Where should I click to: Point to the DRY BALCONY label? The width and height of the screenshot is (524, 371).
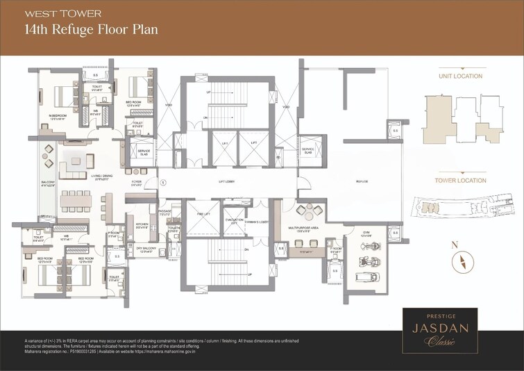pos(143,250)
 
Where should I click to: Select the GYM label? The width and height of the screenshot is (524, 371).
pos(367,233)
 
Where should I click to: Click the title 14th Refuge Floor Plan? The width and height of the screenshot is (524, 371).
pos(91,30)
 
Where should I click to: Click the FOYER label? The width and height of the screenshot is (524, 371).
pos(137,183)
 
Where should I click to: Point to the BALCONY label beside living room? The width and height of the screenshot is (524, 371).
pos(48,183)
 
